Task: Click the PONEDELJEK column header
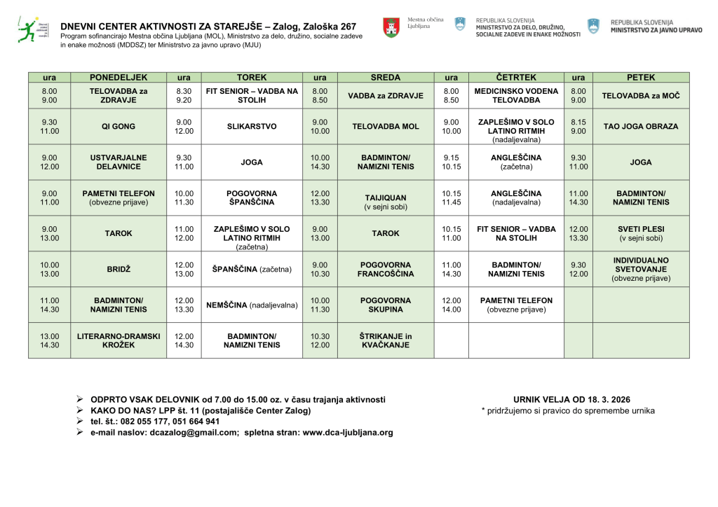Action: tap(118, 78)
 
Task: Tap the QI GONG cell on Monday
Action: tap(118, 127)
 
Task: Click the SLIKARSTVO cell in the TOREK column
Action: tap(252, 127)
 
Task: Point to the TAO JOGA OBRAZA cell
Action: tap(641, 127)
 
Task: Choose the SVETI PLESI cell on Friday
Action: tap(641, 234)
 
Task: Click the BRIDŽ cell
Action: tap(118, 269)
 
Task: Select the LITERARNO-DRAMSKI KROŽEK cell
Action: tap(118, 341)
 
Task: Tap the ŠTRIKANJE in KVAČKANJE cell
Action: tap(386, 341)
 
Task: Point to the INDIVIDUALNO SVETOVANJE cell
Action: tap(641, 269)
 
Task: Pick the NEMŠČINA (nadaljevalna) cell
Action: tap(252, 305)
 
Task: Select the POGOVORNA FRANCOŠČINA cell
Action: tap(386, 269)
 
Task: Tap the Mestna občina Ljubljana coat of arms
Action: tap(391, 27)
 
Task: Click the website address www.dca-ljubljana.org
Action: tap(348, 433)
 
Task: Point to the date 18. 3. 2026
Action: tap(605, 400)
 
